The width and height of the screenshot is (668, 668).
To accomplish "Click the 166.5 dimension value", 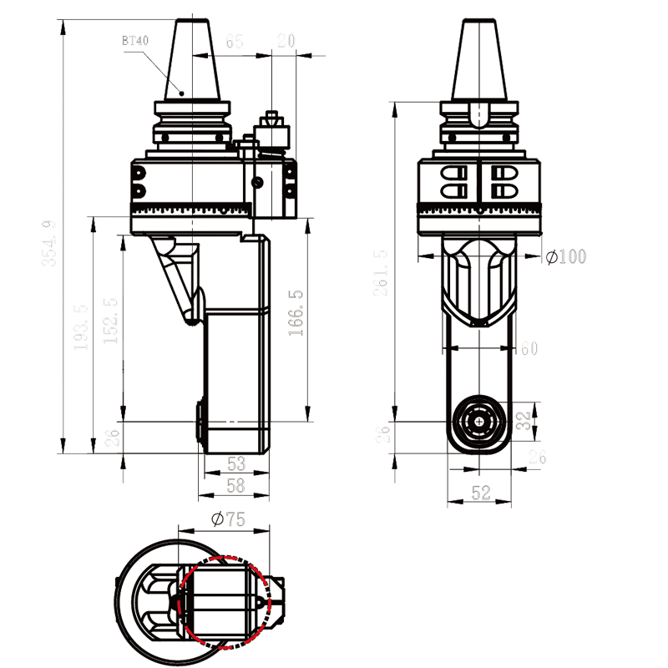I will (296, 313).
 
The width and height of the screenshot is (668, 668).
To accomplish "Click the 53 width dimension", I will (235, 463).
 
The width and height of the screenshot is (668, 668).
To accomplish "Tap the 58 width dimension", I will (235, 484).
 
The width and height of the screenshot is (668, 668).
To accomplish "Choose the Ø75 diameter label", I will (227, 519).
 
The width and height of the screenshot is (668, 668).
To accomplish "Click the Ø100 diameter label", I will (566, 257).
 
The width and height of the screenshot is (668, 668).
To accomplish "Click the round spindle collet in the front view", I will (479, 422).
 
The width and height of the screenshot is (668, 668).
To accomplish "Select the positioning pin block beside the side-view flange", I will (270, 134).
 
